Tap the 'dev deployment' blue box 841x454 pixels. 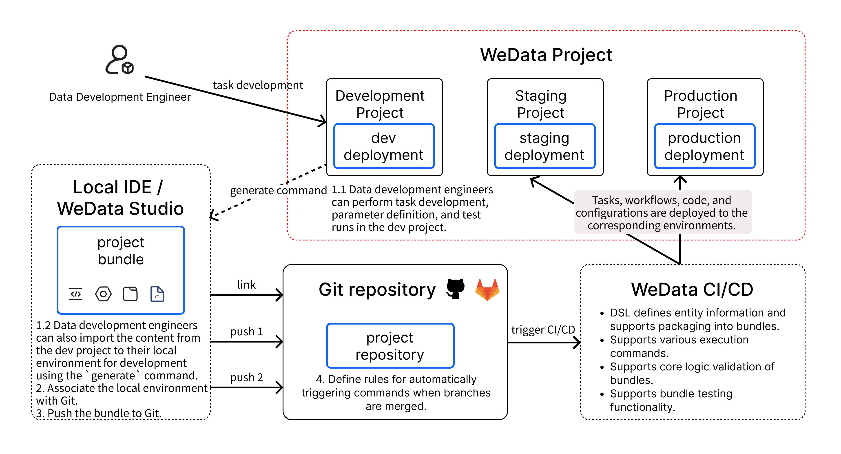[384, 146]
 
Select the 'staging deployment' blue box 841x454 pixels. [544, 146]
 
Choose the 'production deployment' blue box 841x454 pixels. [704, 146]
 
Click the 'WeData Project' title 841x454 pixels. [546, 55]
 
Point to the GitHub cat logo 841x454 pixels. [456, 289]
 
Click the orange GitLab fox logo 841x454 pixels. [487, 289]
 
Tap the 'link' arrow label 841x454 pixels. [246, 285]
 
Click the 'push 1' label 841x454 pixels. [246, 332]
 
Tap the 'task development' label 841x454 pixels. [258, 85]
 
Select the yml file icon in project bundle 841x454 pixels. [157, 294]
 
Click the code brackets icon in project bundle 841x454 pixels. [76, 294]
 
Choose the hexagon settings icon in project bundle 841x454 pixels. [103, 294]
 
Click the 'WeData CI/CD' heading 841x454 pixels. [692, 289]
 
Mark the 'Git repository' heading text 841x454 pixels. [377, 289]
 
